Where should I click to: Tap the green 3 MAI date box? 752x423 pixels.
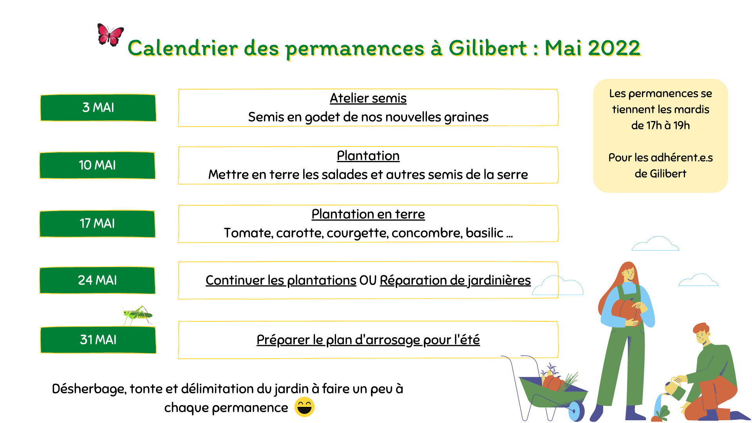[x=98, y=108]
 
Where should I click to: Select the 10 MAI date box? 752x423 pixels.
[x=98, y=165]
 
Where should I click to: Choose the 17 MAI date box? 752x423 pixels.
[x=98, y=224]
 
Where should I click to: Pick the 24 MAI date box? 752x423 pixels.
[x=98, y=280]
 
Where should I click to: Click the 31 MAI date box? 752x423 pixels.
[x=98, y=340]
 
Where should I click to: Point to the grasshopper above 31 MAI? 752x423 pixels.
[x=137, y=315]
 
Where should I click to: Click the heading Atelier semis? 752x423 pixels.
[x=368, y=98]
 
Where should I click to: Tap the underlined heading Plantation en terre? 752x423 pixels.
[x=368, y=214]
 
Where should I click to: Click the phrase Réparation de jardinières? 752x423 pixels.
[x=455, y=280]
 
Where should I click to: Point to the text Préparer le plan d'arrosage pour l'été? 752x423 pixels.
[x=368, y=340]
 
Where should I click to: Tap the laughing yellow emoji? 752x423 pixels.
[x=304, y=407]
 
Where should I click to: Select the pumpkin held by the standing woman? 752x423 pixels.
[x=626, y=313]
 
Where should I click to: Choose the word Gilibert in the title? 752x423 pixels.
[x=488, y=48]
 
